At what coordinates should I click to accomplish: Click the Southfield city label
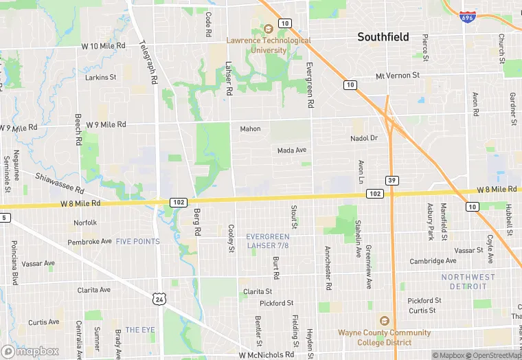[x=383, y=37]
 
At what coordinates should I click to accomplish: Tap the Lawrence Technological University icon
[x=269, y=29]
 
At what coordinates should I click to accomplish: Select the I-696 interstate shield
[x=468, y=16]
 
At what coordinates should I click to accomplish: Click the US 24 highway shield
[x=159, y=299]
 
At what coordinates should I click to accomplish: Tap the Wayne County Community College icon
[x=384, y=321]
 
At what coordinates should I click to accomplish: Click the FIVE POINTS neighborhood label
[x=137, y=242]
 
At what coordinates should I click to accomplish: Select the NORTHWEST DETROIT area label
[x=468, y=281]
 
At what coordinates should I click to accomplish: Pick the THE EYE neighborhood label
[x=140, y=330]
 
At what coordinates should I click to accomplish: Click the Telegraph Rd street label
[x=149, y=62]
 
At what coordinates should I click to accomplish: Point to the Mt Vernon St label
[x=397, y=76]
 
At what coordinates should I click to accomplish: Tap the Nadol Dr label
[x=364, y=138]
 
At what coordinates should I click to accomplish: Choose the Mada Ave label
[x=292, y=150]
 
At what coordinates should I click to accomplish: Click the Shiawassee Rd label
[x=60, y=183]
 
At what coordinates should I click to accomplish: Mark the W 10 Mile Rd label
[x=103, y=45]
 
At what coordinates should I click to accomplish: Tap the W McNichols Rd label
[x=266, y=355]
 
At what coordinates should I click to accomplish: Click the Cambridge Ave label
[x=433, y=261]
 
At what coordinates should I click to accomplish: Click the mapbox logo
[x=31, y=350]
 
